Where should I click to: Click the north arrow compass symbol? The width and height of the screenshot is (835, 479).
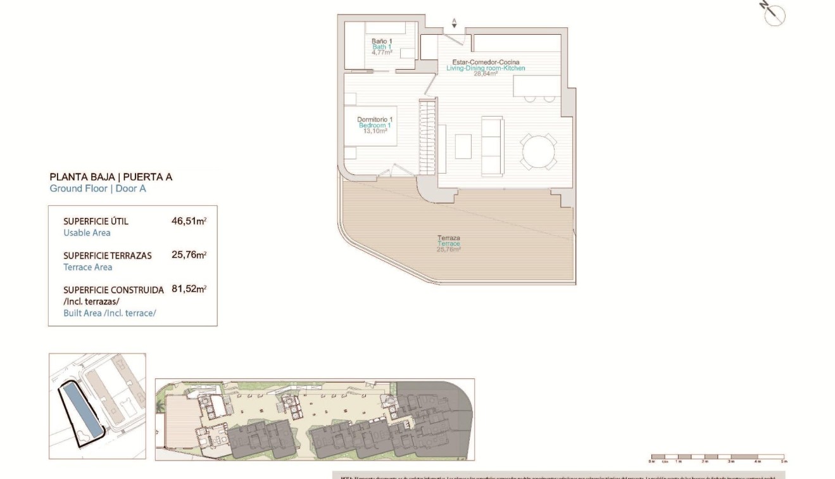[774, 14]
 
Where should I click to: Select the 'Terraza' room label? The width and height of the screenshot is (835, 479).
[448, 238]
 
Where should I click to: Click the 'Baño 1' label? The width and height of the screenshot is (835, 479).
[381, 41]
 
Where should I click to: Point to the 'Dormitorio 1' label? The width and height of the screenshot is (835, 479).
[375, 120]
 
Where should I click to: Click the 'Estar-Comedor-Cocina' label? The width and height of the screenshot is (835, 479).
[486, 62]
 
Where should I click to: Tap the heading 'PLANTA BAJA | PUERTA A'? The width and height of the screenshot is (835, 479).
[111, 177]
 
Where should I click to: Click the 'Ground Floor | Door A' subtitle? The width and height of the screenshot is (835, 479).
[97, 188]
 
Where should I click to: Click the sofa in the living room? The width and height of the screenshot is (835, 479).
[493, 145]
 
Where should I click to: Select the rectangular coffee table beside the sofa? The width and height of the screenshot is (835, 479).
[463, 146]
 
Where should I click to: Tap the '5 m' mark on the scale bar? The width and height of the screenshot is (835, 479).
[784, 463]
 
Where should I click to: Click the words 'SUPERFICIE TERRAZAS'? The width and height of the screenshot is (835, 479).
[108, 256]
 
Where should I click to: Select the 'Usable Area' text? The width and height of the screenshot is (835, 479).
[87, 233]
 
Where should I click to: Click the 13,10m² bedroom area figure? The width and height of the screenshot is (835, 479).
[374, 131]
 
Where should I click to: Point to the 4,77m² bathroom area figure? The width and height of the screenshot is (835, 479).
[381, 53]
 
